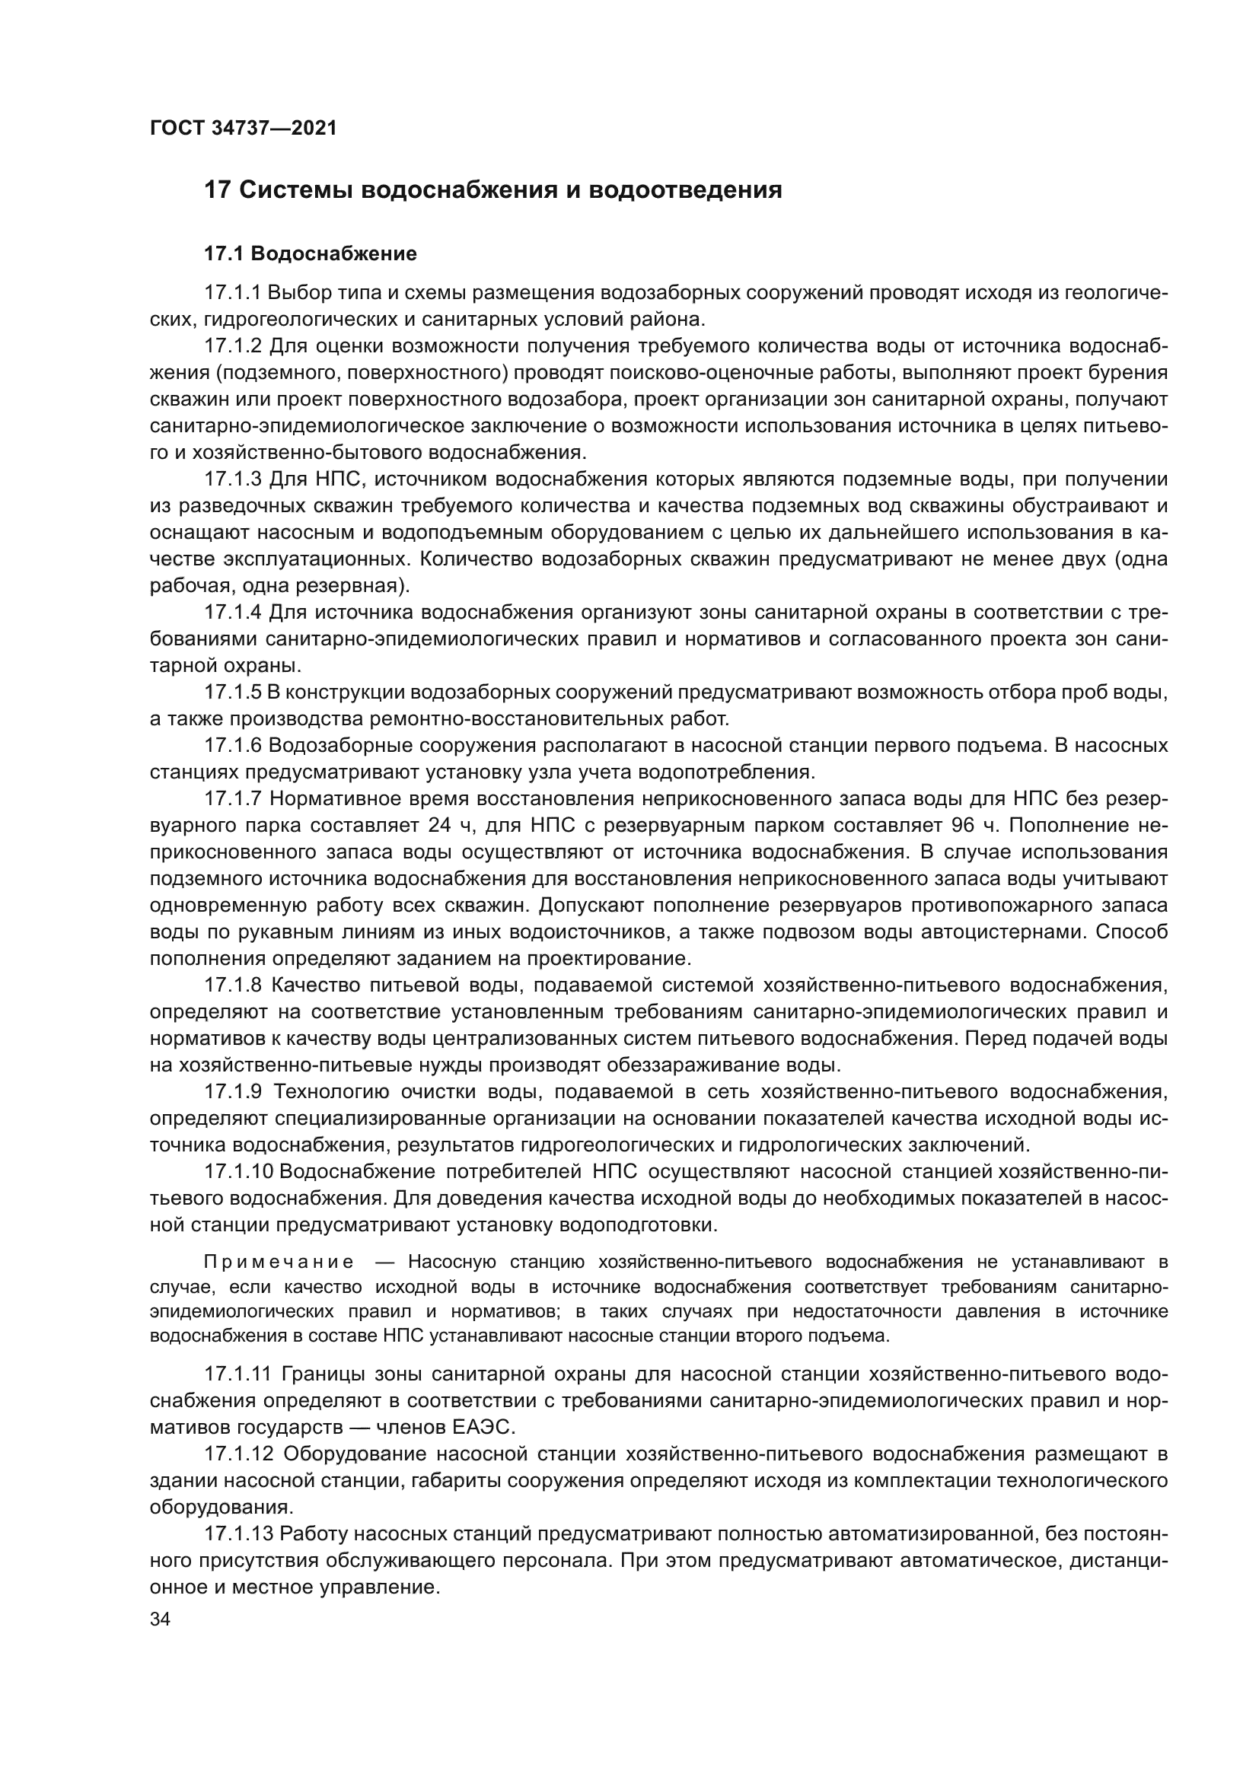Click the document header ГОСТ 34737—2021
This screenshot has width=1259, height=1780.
pos(244,129)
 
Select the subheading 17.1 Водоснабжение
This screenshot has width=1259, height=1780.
pos(310,253)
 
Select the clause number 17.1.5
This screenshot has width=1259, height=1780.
pos(233,692)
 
